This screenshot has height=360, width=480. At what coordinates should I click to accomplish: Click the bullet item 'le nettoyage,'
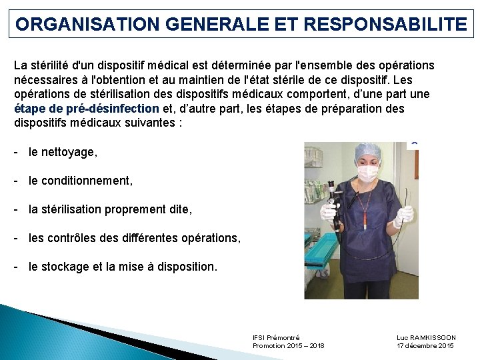pyautogui.click(x=63, y=152)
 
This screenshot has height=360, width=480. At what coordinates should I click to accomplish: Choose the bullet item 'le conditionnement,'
pyautogui.click(x=81, y=181)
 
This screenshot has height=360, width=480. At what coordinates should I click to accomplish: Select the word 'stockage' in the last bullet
pyautogui.click(x=65, y=266)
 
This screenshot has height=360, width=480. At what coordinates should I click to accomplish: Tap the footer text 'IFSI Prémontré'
pyautogui.click(x=276, y=337)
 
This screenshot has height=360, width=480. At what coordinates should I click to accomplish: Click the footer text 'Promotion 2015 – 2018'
pyautogui.click(x=289, y=345)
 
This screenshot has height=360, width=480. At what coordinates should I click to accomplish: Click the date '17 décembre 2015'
pyautogui.click(x=425, y=345)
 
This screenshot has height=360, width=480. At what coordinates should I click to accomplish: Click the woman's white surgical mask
pyautogui.click(x=368, y=173)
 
